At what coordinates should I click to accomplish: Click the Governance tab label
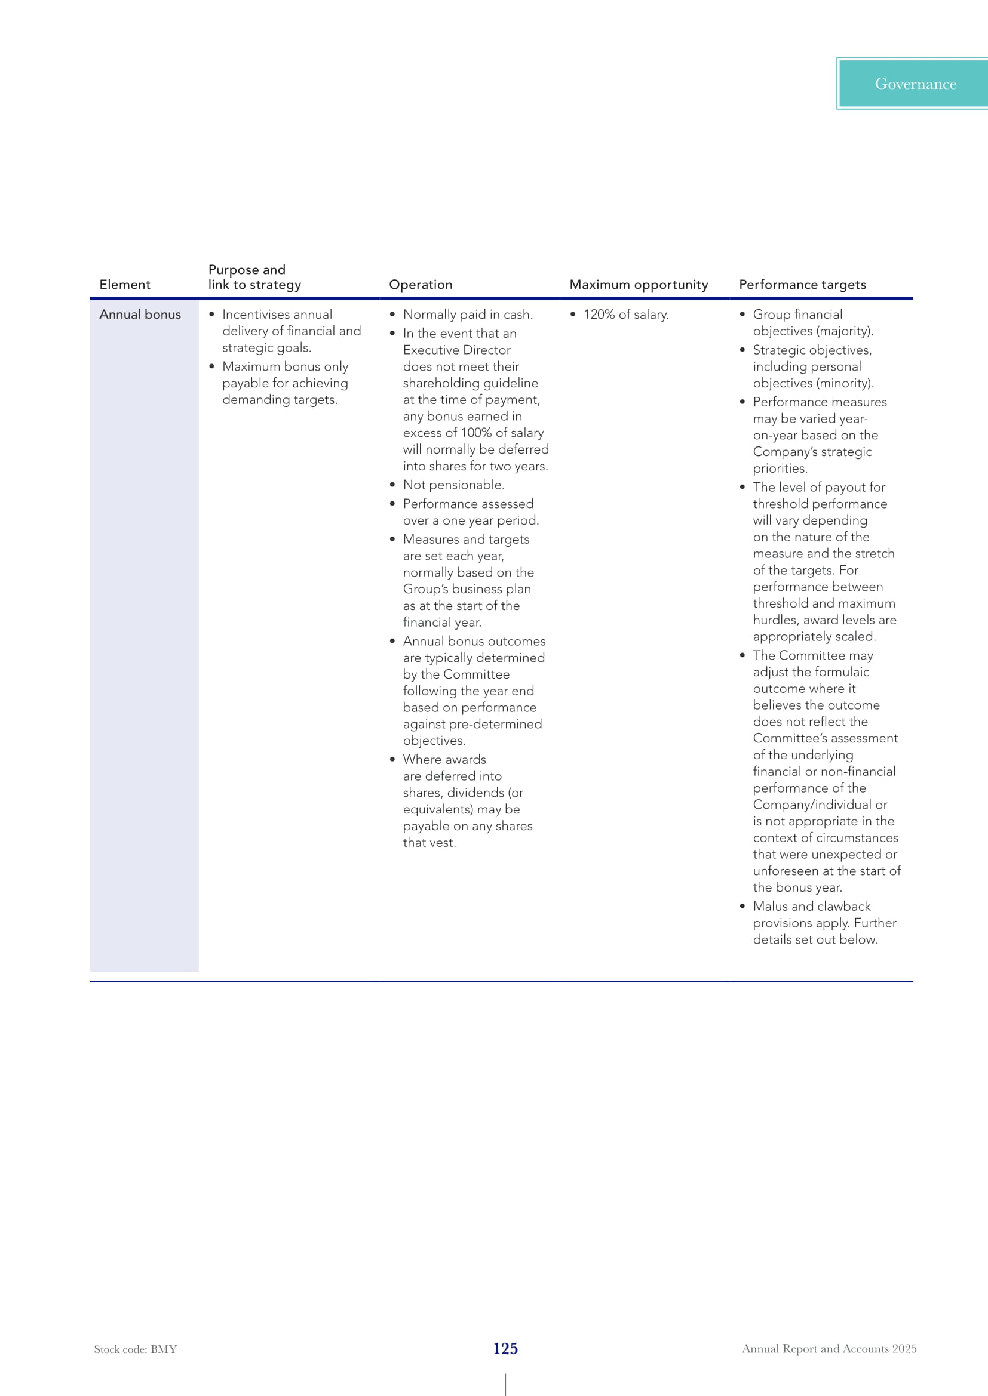(x=915, y=84)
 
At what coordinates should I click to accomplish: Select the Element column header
(x=125, y=285)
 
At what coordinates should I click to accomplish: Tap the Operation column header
(x=421, y=285)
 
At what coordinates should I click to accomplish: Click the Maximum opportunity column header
(x=638, y=285)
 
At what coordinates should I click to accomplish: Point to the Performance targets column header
(x=802, y=285)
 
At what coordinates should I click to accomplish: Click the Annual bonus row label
(x=140, y=315)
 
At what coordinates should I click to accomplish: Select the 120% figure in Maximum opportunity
(x=599, y=315)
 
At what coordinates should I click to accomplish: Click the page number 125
(x=505, y=1349)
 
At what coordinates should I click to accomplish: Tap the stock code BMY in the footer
(x=164, y=1349)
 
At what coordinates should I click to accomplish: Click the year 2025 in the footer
(x=904, y=1349)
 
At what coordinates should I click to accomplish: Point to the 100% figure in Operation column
(x=475, y=433)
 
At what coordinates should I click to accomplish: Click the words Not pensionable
(x=453, y=485)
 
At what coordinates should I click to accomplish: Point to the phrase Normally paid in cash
(x=467, y=315)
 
